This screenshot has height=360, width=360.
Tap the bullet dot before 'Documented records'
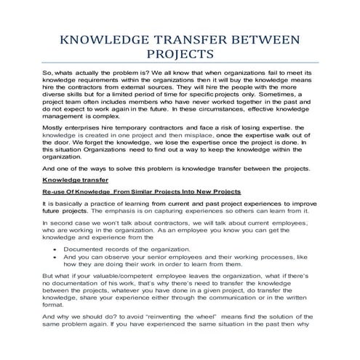pyautogui.click(x=56, y=249)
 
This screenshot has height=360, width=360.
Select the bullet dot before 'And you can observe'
pyautogui.click(x=56, y=257)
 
